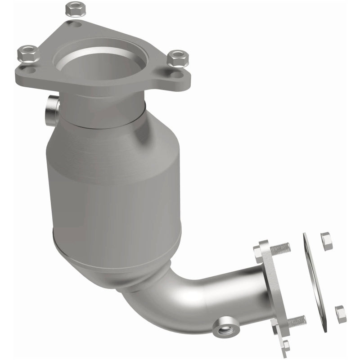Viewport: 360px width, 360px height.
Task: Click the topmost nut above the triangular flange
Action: (72, 8)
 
